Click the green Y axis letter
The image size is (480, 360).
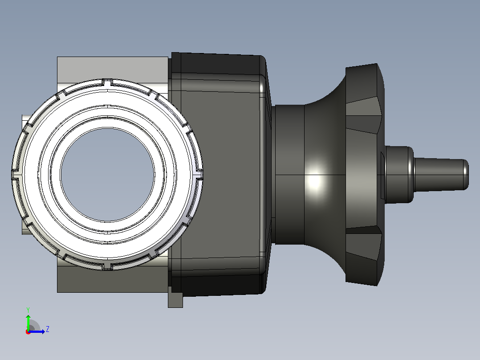(x=28, y=310)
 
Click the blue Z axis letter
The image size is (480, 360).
(x=48, y=329)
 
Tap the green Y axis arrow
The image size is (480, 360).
(x=28, y=322)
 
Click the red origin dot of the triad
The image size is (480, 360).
(x=28, y=332)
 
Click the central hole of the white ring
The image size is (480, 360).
(x=107, y=175)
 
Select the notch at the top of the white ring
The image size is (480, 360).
(x=106, y=82)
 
